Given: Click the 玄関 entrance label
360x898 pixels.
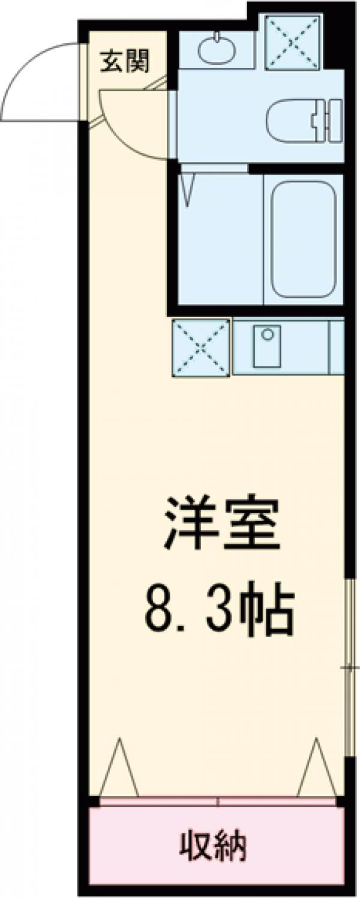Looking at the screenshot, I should tap(125, 61).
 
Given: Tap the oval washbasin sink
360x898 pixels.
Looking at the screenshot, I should tap(217, 50).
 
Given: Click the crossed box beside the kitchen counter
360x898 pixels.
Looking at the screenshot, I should tap(201, 348).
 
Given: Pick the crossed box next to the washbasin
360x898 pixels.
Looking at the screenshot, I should tap(292, 41).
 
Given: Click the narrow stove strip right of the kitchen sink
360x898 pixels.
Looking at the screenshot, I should tap(336, 348).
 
